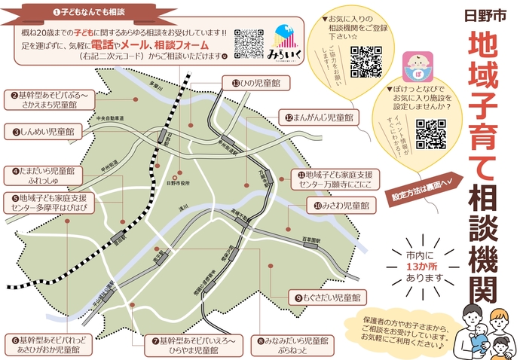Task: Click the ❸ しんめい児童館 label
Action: point(44,132)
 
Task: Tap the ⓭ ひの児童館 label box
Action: point(255,83)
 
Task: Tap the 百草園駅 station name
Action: point(310,239)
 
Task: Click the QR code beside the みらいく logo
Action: point(249,44)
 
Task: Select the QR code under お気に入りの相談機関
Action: point(366,61)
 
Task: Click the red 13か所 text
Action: point(422,265)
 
